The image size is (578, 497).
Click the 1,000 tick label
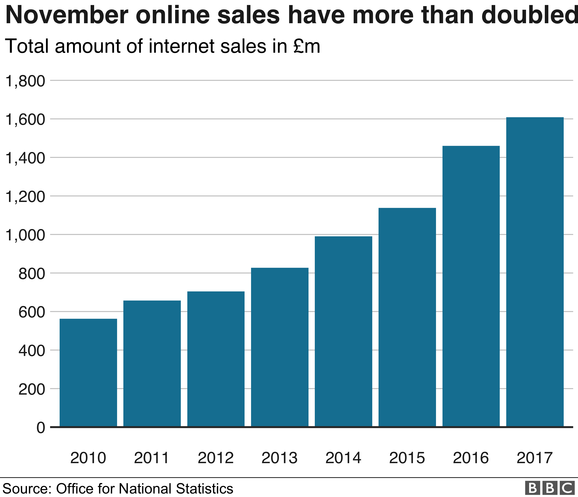(x=25, y=235)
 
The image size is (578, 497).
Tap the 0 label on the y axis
(x=41, y=428)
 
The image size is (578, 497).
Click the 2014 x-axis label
(x=343, y=458)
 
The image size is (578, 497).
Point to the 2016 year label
(x=471, y=458)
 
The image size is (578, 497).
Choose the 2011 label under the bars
(x=152, y=458)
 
